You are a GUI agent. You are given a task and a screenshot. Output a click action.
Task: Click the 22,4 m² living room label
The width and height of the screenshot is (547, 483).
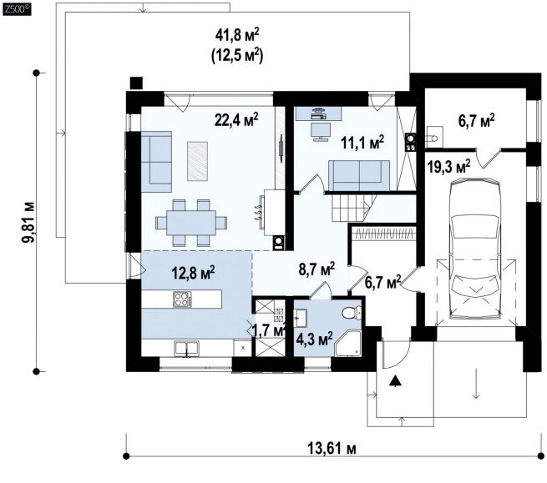tap(236, 119)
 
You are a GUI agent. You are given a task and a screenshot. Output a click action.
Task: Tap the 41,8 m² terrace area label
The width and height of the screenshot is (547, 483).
tap(237, 35)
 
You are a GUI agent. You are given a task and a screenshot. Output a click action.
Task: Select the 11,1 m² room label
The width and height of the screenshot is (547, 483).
tap(362, 142)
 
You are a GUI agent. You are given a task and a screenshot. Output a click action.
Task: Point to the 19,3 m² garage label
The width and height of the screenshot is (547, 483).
tap(448, 166)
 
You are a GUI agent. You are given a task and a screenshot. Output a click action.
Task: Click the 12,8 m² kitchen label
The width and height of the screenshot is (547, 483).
tap(193, 273)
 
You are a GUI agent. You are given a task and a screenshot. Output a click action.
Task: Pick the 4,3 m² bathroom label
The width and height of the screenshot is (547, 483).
tap(314, 339)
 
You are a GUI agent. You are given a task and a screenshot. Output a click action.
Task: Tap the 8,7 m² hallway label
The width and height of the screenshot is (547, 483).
tap(317, 269)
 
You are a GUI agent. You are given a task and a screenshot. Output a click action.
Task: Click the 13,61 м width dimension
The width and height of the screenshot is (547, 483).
tap(332, 448)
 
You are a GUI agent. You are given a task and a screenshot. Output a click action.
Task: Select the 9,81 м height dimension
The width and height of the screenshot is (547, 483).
tap(28, 222)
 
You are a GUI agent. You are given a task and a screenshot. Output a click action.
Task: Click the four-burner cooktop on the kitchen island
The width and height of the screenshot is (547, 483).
tap(182, 299)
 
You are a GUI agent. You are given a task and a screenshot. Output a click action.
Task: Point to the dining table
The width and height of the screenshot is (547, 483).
tap(191, 223)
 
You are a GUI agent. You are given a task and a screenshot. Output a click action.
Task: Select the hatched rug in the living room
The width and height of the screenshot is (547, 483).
tap(197, 161)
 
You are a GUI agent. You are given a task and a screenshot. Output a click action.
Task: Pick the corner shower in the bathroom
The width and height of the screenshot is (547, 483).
tap(347, 343)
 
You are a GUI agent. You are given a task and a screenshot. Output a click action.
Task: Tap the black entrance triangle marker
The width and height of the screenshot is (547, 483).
tap(394, 381)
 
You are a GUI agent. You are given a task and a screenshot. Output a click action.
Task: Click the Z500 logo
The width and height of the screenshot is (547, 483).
tap(17, 9)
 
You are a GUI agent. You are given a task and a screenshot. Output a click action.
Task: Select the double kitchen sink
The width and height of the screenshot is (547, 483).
tap(186, 349)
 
